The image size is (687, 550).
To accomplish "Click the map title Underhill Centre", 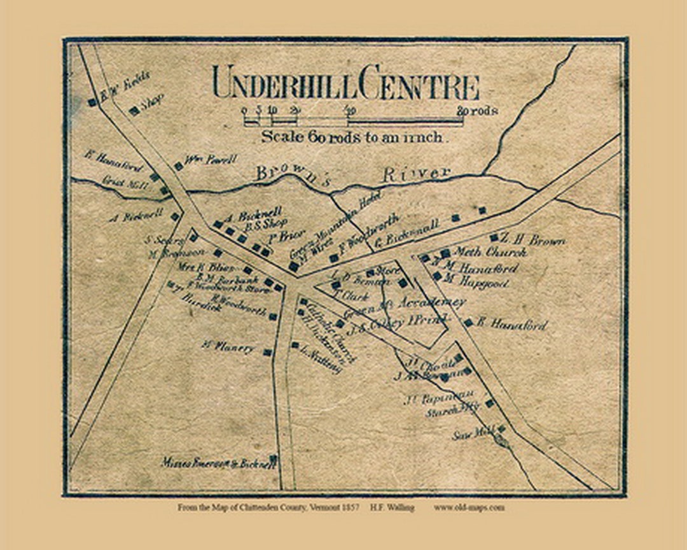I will [345, 84].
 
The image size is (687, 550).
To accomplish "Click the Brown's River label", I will [353, 174].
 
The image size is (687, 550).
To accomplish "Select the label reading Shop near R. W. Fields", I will [151, 102].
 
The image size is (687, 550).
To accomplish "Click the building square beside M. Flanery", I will [268, 352].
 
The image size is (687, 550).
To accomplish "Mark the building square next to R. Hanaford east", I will [468, 323].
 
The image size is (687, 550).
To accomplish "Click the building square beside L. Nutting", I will [295, 346].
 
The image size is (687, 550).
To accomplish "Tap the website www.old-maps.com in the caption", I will [469, 507].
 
